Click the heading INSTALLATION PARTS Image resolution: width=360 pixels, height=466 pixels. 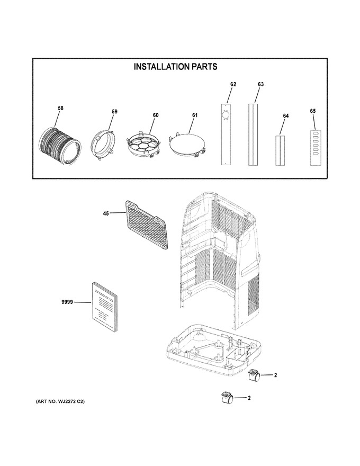click(x=175, y=67)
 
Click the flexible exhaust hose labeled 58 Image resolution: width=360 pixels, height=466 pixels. click(x=60, y=146)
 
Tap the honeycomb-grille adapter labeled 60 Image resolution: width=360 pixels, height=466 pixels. click(x=144, y=144)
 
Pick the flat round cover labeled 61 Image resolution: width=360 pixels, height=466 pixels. click(x=186, y=144)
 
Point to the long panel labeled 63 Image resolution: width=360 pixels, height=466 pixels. click(x=254, y=135)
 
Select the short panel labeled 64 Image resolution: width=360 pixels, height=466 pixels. click(x=280, y=150)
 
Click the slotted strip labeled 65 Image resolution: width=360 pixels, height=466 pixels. click(x=316, y=148)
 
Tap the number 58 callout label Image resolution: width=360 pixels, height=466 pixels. click(x=60, y=108)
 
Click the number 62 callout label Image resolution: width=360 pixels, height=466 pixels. click(x=233, y=84)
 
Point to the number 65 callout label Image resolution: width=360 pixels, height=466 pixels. click(x=313, y=111)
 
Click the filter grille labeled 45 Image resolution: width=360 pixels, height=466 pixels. click(x=146, y=224)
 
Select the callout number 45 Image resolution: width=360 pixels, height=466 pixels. click(x=106, y=213)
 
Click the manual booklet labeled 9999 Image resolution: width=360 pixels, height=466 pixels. click(x=105, y=307)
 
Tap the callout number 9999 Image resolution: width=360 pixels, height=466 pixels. click(x=67, y=302)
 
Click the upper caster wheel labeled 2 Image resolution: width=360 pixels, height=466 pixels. click(x=254, y=375)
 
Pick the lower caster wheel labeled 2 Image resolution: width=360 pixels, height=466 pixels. click(x=228, y=398)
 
